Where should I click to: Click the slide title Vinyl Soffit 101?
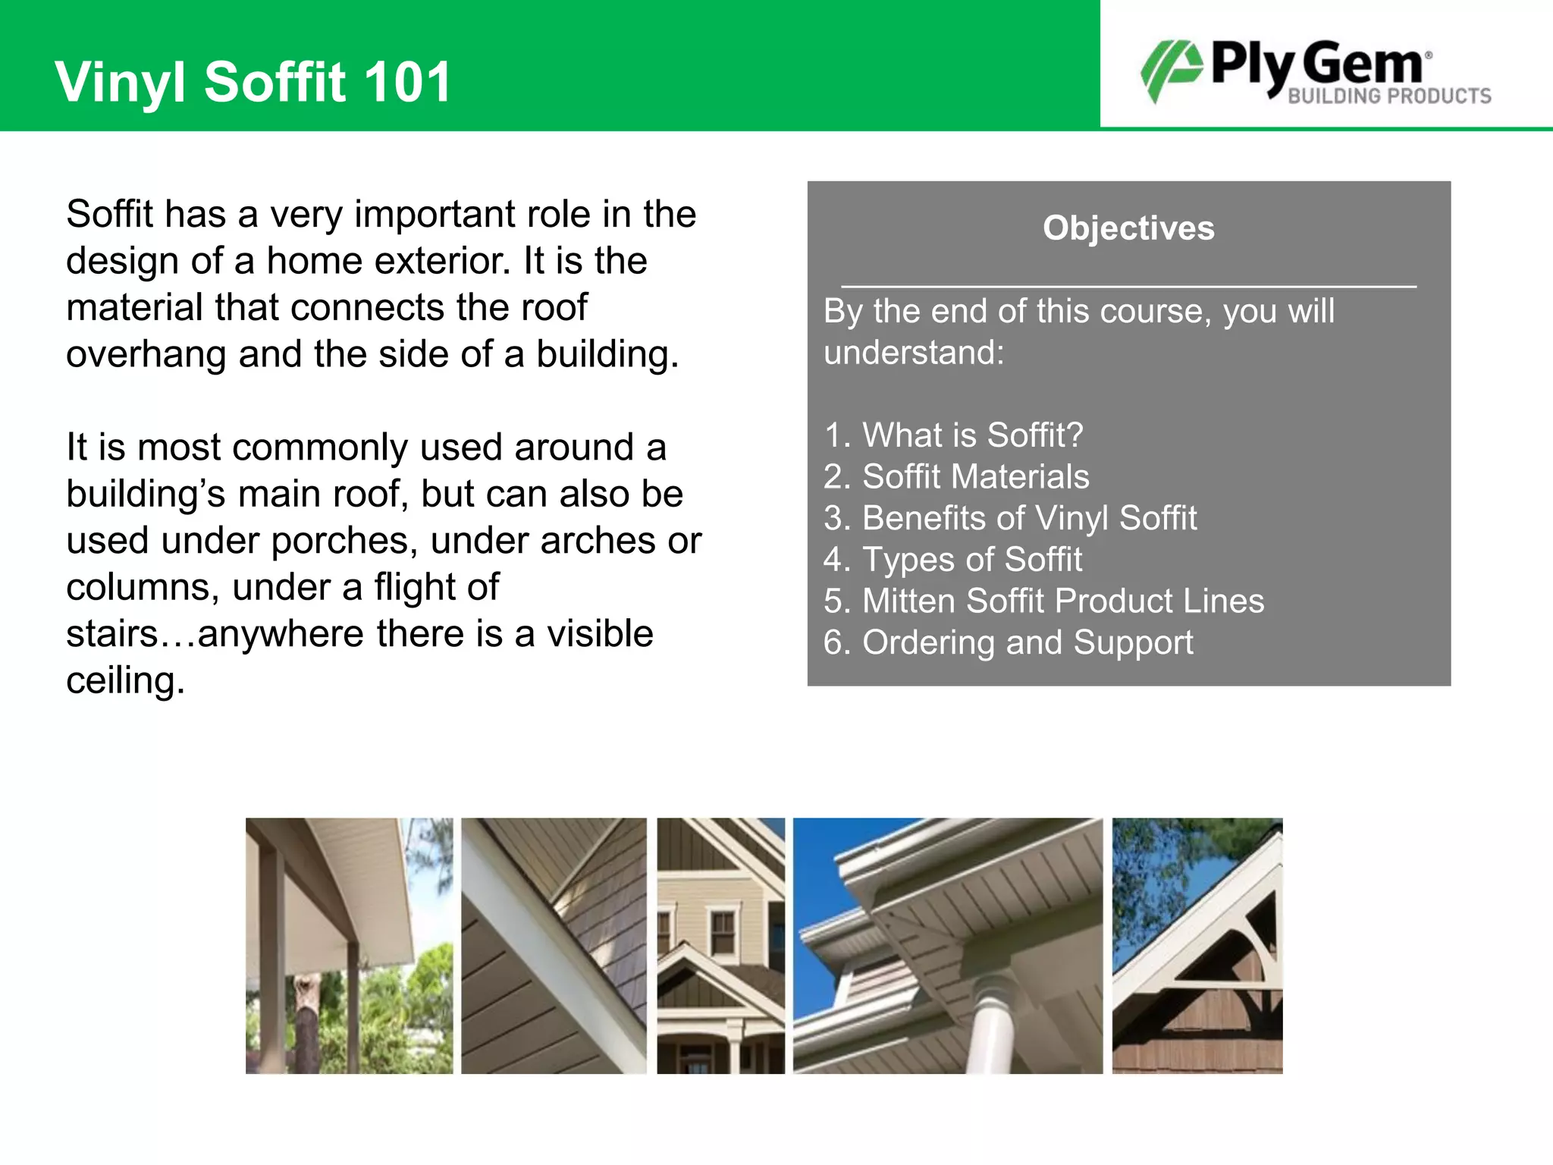tap(253, 82)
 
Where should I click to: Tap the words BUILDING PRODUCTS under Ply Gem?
tap(1389, 96)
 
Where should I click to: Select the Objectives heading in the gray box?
tap(1128, 228)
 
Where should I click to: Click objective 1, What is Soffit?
tap(953, 435)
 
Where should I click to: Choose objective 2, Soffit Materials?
tap(956, 477)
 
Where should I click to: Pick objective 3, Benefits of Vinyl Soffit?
tap(1010, 519)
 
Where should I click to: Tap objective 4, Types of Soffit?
tap(953, 560)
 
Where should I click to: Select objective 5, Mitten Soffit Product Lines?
tap(1043, 601)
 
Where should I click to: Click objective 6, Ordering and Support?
tap(1008, 643)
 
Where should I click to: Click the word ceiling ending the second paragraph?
tap(124, 681)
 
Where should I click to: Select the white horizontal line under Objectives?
tap(1128, 287)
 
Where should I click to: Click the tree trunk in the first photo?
tap(307, 1024)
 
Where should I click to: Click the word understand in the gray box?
tap(913, 353)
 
